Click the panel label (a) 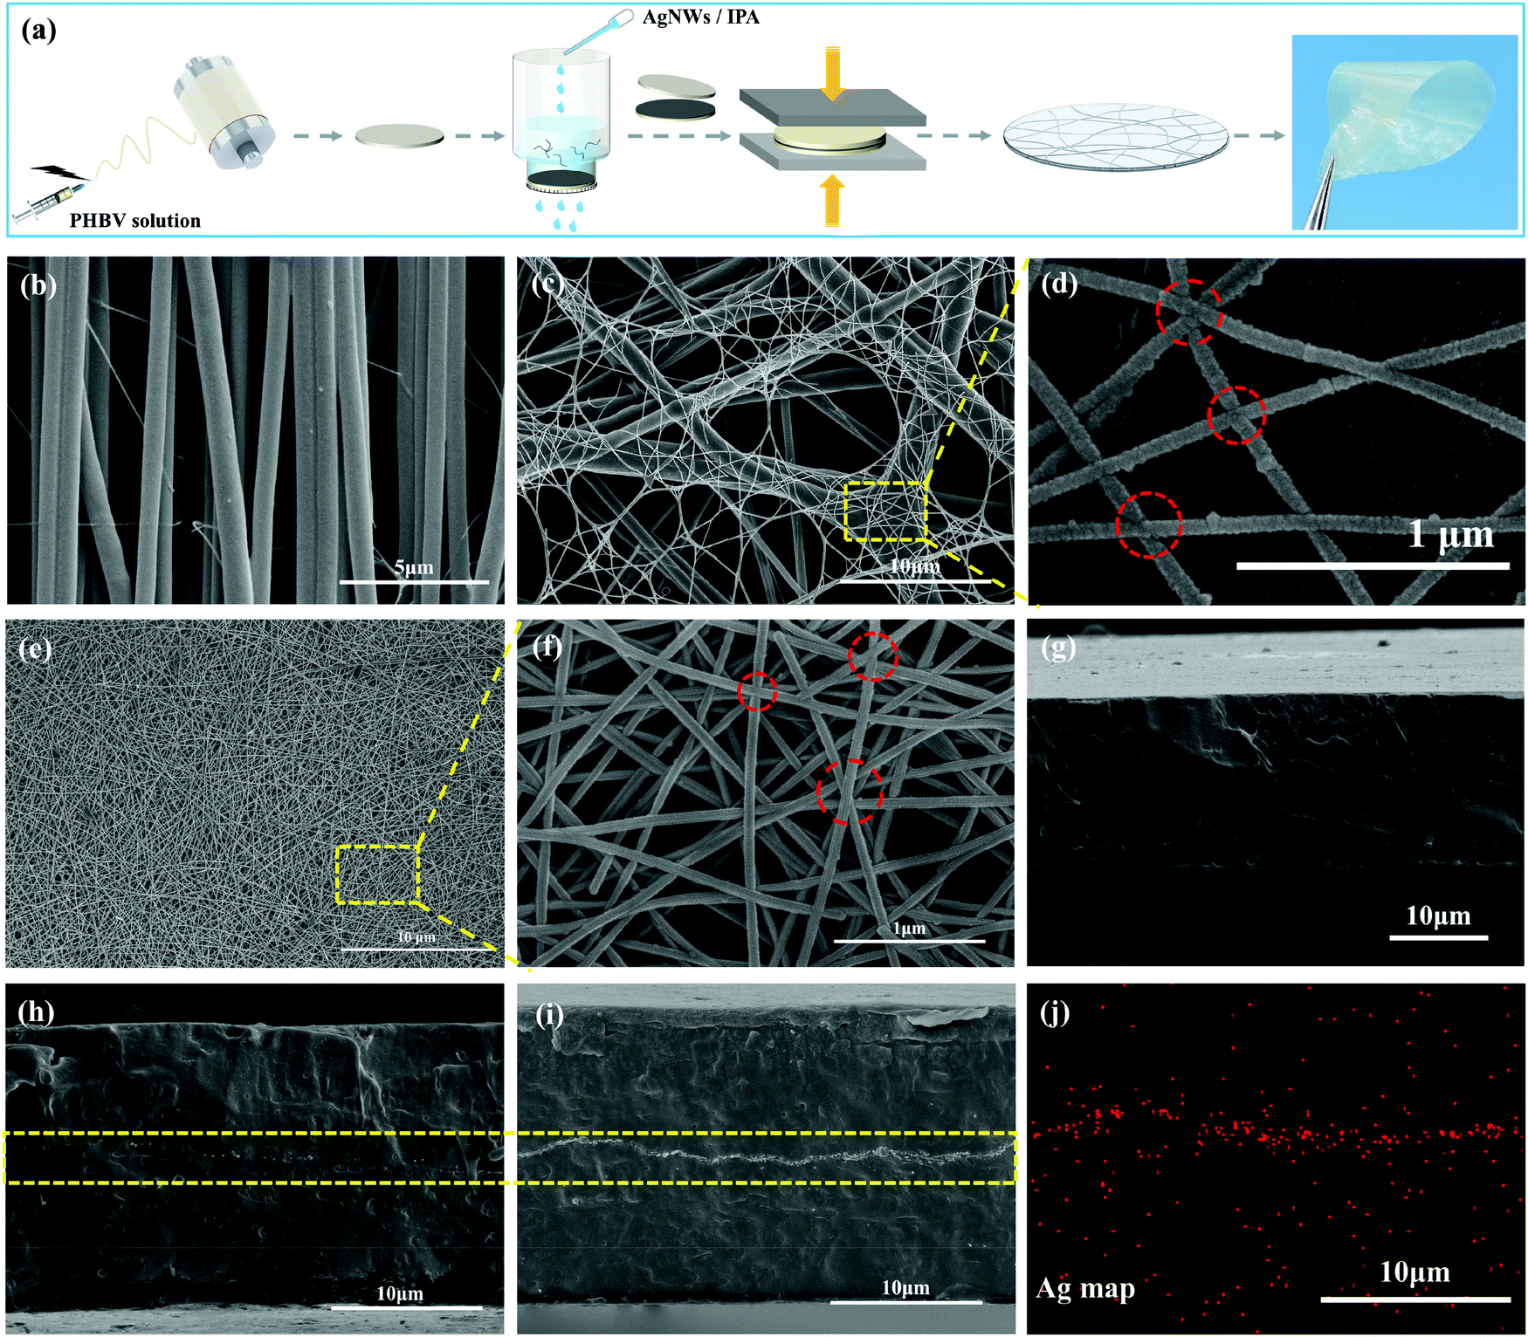[x=38, y=31]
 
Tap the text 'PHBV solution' [x=135, y=221]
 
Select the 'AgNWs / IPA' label [x=700, y=17]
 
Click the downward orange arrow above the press [x=833, y=73]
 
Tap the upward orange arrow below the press [x=833, y=200]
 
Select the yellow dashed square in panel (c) [x=885, y=511]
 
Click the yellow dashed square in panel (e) [x=378, y=874]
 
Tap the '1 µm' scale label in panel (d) [x=1450, y=534]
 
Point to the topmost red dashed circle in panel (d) [x=1188, y=312]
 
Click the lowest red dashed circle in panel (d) [x=1148, y=525]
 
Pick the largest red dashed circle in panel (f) [x=850, y=792]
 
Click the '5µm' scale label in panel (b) [x=414, y=567]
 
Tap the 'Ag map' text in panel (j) [x=1085, y=1288]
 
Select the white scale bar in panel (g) [x=1438, y=937]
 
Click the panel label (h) [x=37, y=1011]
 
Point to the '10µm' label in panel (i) [x=905, y=1287]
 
